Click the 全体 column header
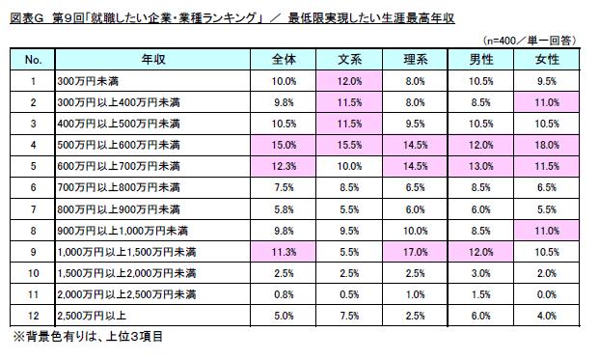(x=284, y=60)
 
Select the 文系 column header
(x=350, y=60)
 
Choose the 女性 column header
(x=546, y=60)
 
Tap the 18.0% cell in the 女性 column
(x=546, y=145)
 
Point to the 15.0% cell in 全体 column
(x=284, y=145)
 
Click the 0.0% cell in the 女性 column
(x=546, y=293)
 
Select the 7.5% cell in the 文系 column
(x=350, y=315)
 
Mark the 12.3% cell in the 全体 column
(x=284, y=166)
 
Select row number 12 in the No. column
(x=33, y=315)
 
